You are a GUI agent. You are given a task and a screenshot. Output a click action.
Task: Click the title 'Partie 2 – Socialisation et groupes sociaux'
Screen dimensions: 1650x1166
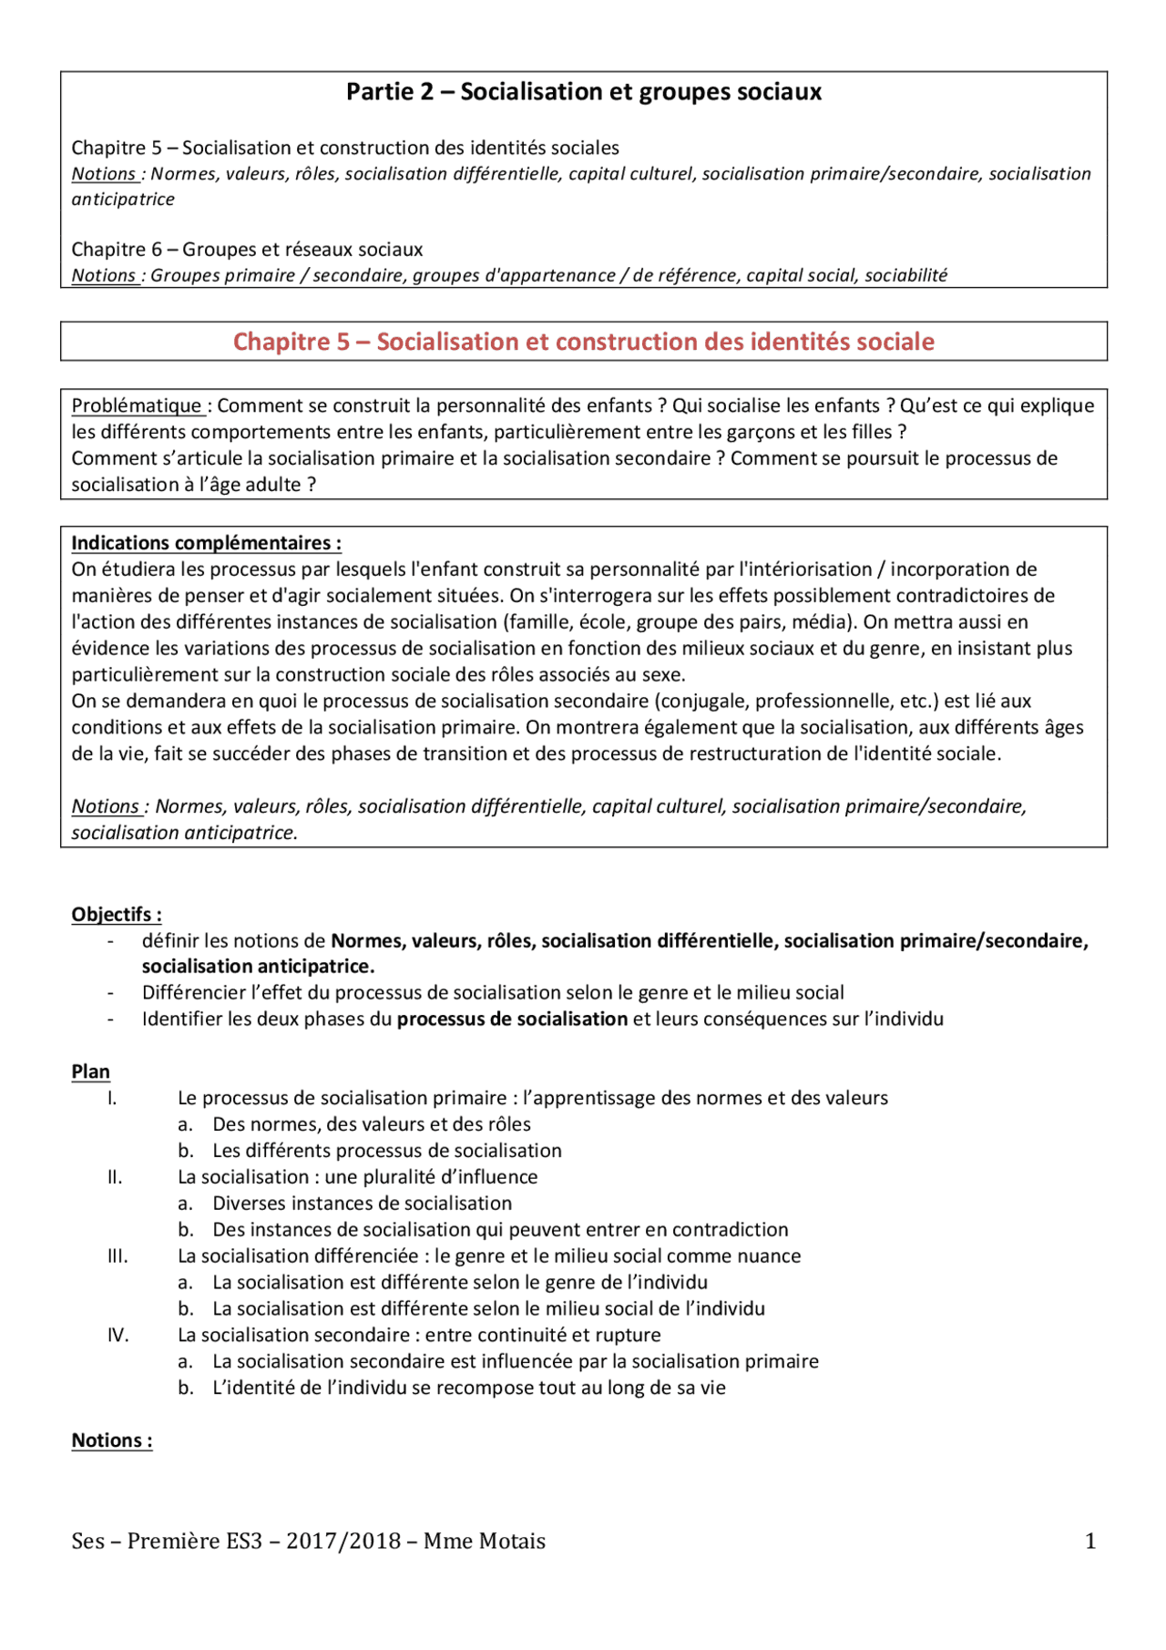pos(583,92)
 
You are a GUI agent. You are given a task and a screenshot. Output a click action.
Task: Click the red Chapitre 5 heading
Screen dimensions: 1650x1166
pos(583,342)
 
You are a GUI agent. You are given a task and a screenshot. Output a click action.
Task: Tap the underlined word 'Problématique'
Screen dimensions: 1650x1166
pos(137,405)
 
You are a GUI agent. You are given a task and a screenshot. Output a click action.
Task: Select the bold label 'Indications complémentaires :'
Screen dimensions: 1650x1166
pos(206,543)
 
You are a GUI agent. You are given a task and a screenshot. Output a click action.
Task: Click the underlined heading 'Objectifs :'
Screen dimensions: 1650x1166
pos(117,915)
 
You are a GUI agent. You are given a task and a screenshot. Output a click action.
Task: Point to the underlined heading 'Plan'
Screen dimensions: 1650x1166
pos(90,1071)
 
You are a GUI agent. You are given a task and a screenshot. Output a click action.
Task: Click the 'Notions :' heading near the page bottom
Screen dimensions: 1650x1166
pos(111,1440)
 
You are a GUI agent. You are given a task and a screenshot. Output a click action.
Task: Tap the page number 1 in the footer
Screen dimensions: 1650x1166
pos(1089,1541)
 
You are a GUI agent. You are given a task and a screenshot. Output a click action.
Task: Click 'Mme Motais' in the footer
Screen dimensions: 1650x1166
pos(484,1541)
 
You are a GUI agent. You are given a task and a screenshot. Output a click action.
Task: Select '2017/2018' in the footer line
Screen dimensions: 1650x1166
pos(343,1541)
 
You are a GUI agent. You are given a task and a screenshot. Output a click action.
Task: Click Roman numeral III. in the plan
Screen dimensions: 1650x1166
pos(118,1256)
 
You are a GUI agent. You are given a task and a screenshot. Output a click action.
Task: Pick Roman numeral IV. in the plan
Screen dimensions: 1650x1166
pos(118,1336)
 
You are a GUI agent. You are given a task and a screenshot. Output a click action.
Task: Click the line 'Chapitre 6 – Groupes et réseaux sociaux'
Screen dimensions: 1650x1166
pos(247,250)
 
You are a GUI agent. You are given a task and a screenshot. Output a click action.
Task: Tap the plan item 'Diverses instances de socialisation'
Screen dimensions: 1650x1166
pos(362,1204)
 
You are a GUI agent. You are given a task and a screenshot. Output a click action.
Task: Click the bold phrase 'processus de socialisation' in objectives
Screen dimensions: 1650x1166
pos(512,1020)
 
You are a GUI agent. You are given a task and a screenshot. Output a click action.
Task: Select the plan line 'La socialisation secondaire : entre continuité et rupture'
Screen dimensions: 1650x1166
pos(419,1336)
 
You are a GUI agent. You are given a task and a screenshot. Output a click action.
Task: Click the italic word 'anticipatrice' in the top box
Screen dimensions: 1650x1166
pos(123,200)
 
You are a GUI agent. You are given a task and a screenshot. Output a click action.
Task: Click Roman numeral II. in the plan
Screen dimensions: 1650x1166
pos(115,1177)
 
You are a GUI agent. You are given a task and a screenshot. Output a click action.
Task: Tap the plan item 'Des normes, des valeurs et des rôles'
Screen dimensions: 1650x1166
pos(371,1124)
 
